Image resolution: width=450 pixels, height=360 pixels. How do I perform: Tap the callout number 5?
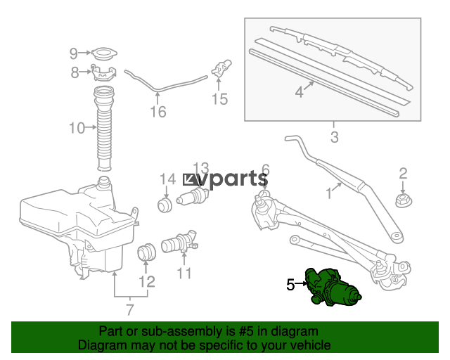click(290, 285)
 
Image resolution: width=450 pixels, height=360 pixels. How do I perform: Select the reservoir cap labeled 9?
click(104, 53)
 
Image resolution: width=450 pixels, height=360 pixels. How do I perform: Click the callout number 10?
click(77, 128)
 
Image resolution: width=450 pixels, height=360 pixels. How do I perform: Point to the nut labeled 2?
click(404, 200)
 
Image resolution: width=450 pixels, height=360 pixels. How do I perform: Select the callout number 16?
click(158, 112)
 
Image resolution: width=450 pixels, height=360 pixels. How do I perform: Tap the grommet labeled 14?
click(165, 205)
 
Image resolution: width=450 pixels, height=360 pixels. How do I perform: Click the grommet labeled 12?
click(147, 252)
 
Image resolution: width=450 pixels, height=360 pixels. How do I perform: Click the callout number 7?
click(130, 310)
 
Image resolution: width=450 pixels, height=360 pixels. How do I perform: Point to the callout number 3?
click(335, 137)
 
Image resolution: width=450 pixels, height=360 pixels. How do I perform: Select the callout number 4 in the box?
click(299, 92)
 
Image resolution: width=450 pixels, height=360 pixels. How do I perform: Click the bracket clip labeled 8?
click(104, 73)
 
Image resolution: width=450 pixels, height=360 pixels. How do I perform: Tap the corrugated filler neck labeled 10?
click(104, 129)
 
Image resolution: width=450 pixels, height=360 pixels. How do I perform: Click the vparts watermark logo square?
click(191, 180)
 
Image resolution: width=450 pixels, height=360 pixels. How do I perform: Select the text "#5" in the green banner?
click(246, 332)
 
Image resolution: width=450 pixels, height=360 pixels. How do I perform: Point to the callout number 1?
click(329, 193)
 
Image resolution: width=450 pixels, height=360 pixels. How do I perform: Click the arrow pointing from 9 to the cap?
click(85, 53)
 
